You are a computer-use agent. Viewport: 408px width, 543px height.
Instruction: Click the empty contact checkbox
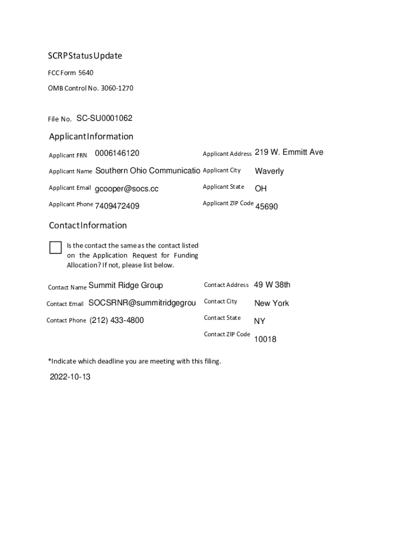pyautogui.click(x=55, y=247)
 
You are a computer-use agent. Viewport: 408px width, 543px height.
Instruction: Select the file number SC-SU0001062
pyautogui.click(x=104, y=118)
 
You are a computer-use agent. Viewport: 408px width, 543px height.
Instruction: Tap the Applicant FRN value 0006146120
pyautogui.click(x=117, y=153)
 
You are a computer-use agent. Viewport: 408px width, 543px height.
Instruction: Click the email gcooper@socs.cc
pyautogui.click(x=127, y=189)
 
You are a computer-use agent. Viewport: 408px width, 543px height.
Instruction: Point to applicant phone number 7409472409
pyautogui.click(x=117, y=206)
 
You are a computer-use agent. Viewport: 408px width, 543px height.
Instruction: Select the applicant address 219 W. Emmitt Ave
pyautogui.click(x=289, y=153)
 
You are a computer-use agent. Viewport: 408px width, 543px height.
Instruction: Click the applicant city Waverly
pyautogui.click(x=269, y=171)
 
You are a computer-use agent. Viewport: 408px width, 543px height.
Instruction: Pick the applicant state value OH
pyautogui.click(x=261, y=189)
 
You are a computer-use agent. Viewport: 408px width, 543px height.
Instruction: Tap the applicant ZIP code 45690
pyautogui.click(x=267, y=207)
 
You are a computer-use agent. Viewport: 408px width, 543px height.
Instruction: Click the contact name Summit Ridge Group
pyautogui.click(x=126, y=285)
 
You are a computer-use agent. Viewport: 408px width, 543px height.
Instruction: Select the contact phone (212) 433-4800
pyautogui.click(x=117, y=320)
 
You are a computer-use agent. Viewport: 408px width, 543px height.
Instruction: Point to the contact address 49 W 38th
pyautogui.click(x=272, y=285)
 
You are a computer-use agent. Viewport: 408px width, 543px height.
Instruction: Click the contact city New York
pyautogui.click(x=271, y=303)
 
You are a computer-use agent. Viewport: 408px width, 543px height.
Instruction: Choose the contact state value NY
pyautogui.click(x=260, y=321)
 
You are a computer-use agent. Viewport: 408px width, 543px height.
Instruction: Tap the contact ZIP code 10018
pyautogui.click(x=265, y=339)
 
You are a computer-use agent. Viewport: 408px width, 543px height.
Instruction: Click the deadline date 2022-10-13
pyautogui.click(x=70, y=378)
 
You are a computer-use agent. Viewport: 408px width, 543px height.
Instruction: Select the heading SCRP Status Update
pyautogui.click(x=85, y=56)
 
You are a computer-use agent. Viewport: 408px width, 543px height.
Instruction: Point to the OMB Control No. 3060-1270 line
pyautogui.click(x=91, y=88)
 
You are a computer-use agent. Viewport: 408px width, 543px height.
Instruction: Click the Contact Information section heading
pyautogui.click(x=88, y=225)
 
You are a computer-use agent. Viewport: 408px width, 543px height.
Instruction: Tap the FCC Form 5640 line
pyautogui.click(x=71, y=73)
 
